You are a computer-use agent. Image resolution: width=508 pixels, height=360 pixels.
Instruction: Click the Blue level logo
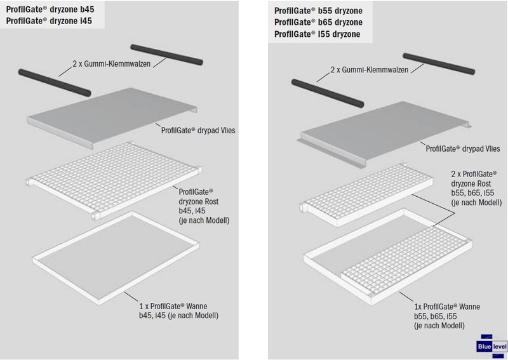coord(491,346)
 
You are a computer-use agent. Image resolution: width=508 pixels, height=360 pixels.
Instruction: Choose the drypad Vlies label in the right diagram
coord(458,148)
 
